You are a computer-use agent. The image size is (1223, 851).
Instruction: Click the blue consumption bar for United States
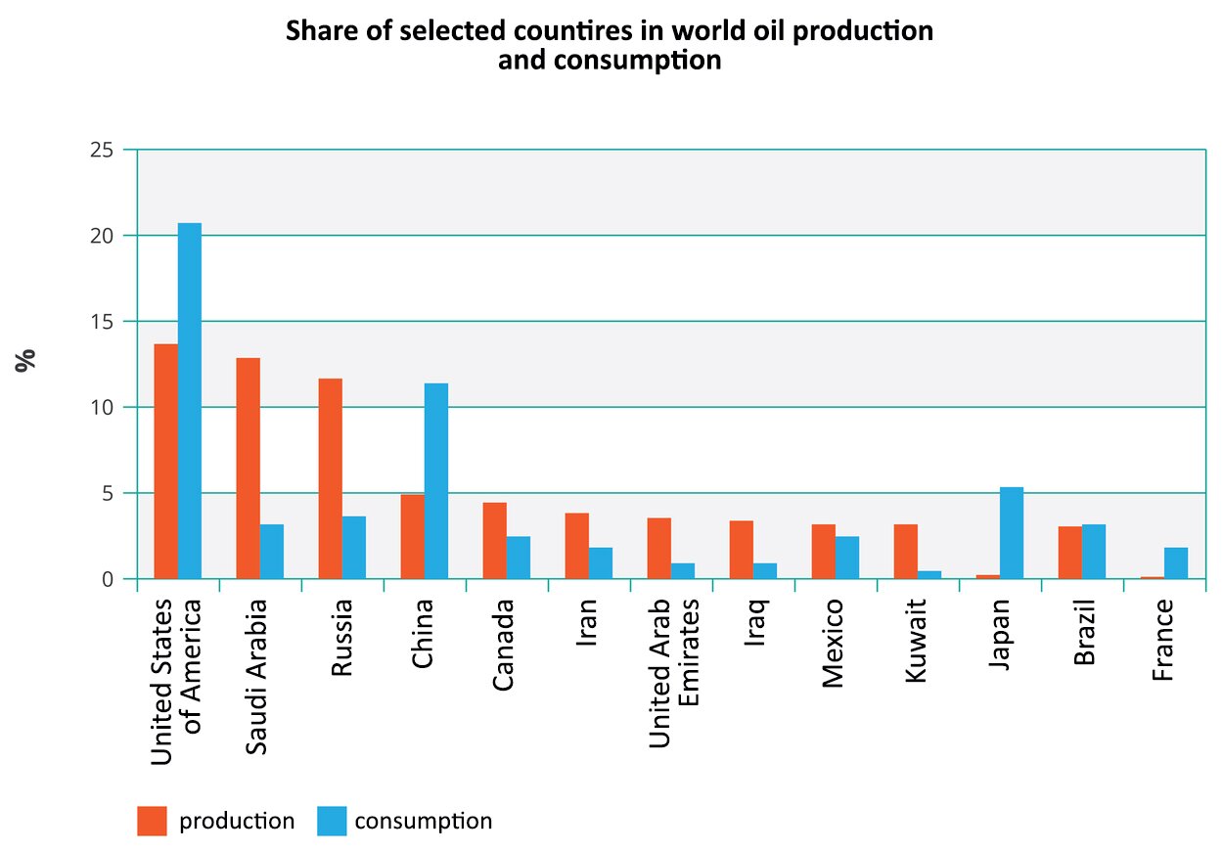pos(189,401)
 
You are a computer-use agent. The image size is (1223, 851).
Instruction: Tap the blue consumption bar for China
pos(435,480)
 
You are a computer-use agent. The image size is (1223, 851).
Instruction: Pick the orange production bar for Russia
pos(330,478)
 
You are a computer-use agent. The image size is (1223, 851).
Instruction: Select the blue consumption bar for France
pos(1175,562)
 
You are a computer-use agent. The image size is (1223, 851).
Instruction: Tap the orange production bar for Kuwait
pos(905,552)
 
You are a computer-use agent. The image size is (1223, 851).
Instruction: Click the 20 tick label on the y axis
pos(101,236)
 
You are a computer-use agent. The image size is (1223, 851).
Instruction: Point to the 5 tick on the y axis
pos(108,493)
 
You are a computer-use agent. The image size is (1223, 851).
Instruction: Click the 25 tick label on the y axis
pos(101,150)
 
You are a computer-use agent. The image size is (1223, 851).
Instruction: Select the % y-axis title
pos(25,359)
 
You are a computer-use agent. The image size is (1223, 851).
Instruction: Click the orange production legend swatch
pos(152,821)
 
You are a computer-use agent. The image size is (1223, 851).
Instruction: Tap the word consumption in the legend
pos(423,821)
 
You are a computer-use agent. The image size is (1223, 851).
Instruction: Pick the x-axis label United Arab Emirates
pos(675,675)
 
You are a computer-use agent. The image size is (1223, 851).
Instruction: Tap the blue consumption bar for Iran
pos(600,562)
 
